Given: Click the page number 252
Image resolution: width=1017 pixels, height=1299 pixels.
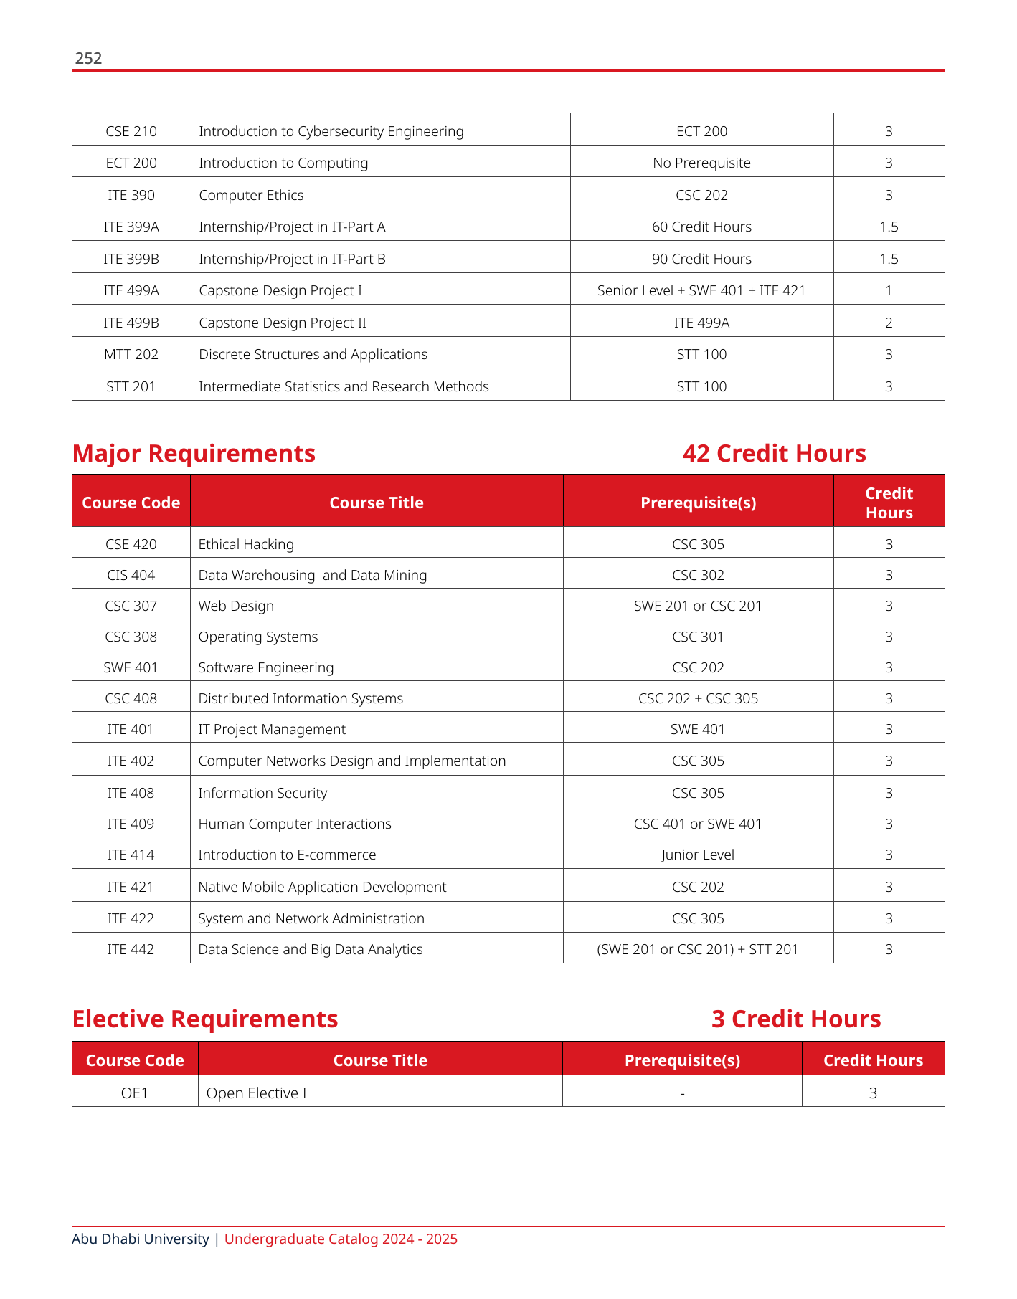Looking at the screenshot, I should (x=88, y=58).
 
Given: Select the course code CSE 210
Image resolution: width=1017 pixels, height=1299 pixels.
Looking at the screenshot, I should (x=131, y=131).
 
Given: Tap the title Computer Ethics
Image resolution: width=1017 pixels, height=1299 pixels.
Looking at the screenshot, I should (x=251, y=195).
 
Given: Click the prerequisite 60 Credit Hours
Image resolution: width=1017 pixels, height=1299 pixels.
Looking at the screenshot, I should (x=701, y=227).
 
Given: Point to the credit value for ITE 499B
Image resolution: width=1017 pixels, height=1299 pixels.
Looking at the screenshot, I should (x=889, y=323).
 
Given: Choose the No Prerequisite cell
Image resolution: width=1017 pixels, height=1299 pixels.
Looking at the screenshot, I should (x=701, y=163).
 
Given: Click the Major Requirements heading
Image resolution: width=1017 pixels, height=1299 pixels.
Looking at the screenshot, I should (x=194, y=453).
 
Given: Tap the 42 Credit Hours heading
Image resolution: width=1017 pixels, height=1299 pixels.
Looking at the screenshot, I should (x=774, y=453).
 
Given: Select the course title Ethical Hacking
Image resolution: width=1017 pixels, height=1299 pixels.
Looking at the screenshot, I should (x=246, y=544).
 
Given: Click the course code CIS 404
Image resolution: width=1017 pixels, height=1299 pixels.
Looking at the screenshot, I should (x=131, y=575).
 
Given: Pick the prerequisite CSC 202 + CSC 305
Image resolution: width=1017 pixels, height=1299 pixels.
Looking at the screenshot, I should (x=698, y=698).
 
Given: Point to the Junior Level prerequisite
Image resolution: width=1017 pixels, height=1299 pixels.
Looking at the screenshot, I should (x=698, y=855).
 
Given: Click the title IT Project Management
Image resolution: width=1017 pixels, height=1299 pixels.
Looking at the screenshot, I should (x=272, y=729).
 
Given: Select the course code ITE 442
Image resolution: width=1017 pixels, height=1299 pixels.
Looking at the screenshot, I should (x=131, y=949).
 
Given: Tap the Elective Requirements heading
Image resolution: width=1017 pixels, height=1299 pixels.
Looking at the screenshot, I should (x=205, y=1019).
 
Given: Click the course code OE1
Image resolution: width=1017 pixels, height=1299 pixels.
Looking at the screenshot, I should (x=135, y=1093).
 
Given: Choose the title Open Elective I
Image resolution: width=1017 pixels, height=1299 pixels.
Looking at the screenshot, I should (x=257, y=1093).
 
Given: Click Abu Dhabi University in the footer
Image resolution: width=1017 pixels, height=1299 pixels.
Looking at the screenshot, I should (x=141, y=1239).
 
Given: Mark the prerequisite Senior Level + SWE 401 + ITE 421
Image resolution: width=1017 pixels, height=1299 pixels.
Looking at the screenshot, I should (x=701, y=290).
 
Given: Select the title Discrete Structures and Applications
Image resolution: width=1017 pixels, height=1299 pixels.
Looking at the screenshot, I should (x=313, y=354).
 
